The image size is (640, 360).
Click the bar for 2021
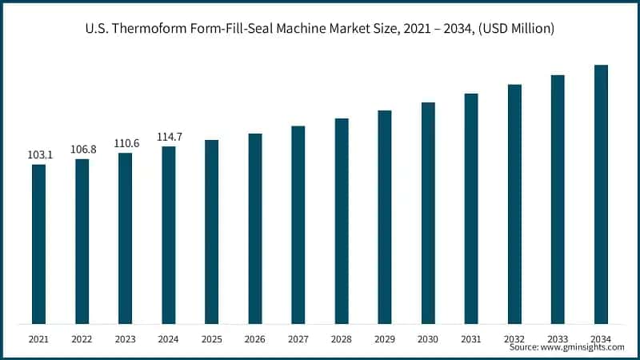(38, 244)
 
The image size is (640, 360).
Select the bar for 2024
(168, 235)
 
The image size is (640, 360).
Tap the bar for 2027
(298, 225)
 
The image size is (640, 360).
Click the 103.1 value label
(40, 154)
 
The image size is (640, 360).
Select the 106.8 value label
(83, 149)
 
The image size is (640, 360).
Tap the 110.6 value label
(126, 143)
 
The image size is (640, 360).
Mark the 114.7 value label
(170, 137)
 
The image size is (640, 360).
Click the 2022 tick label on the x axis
(82, 339)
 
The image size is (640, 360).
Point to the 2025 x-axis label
(211, 339)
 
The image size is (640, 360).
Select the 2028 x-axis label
(342, 339)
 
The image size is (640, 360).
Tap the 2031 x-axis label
(471, 339)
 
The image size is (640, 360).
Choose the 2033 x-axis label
(558, 339)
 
